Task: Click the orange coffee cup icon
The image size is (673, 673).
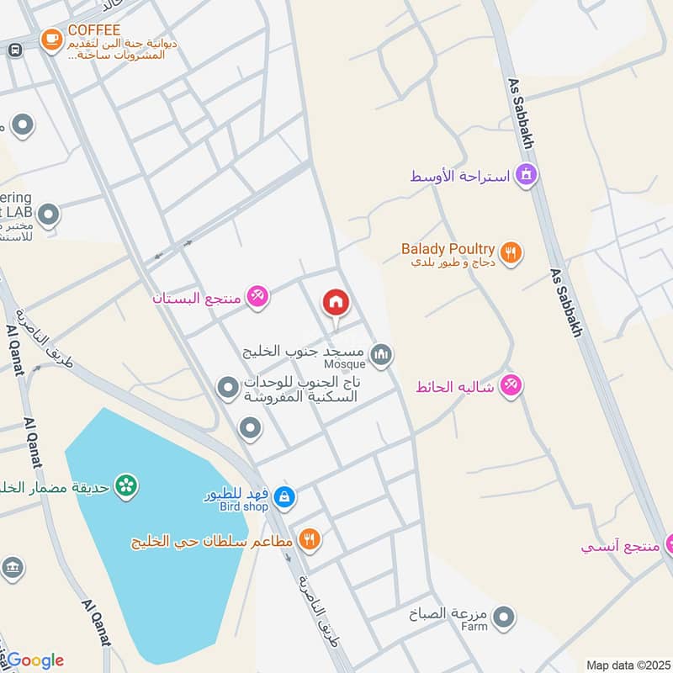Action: tap(52, 39)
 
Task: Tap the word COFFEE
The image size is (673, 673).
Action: tap(89, 29)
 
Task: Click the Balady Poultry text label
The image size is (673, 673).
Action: tap(448, 249)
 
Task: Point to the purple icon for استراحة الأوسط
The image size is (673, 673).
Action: tap(527, 176)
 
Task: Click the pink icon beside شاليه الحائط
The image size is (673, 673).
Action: tap(510, 386)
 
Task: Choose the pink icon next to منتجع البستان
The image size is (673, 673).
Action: tap(257, 296)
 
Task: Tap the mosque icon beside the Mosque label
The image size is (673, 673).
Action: tap(381, 356)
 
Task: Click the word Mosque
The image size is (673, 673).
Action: tap(345, 364)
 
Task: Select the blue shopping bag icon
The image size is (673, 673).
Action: tap(284, 497)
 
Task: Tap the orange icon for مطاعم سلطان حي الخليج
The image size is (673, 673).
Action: tap(310, 539)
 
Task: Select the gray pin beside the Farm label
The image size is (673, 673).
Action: tap(503, 619)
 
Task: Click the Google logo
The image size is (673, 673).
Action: tap(34, 660)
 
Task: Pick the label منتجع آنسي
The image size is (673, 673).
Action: tap(620, 546)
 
